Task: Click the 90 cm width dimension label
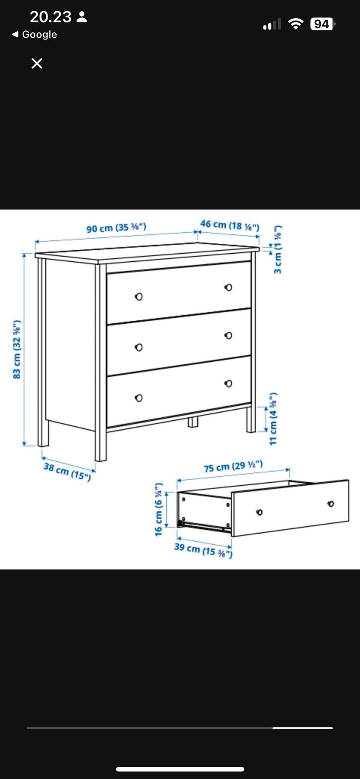tap(116, 228)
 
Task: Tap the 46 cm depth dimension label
tap(230, 225)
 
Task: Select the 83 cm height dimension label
tap(17, 350)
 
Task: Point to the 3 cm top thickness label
tap(278, 249)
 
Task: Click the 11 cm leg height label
tap(273, 418)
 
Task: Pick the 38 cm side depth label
tap(67, 472)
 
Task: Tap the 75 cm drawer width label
tap(233, 466)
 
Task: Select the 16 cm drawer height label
tap(159, 509)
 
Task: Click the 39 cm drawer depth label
tap(203, 550)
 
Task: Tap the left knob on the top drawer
tap(139, 297)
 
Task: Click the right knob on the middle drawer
tap(228, 335)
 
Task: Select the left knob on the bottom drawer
tap(139, 398)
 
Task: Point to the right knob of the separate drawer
tap(331, 504)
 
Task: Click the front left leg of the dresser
tap(100, 445)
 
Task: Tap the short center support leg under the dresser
tap(193, 422)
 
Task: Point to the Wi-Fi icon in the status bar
tap(296, 24)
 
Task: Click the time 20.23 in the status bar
tap(51, 17)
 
